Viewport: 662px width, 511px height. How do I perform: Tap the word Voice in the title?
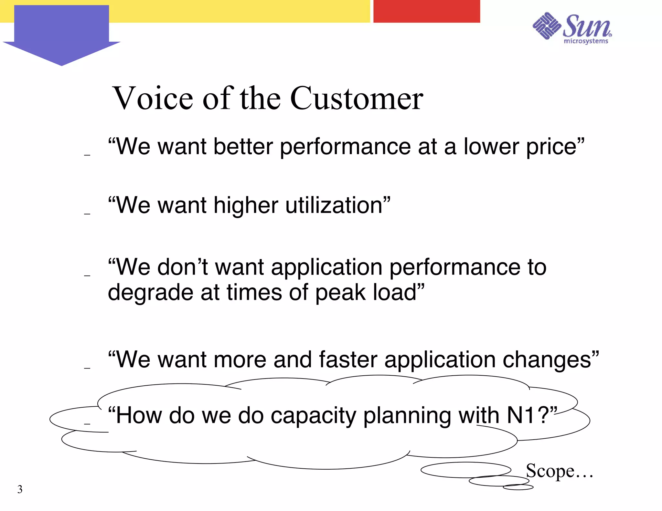click(x=154, y=99)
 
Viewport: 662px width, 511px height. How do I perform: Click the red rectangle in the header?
click(x=426, y=11)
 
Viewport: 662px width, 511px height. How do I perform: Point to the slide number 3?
click(x=20, y=489)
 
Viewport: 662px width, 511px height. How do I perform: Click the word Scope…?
click(x=559, y=471)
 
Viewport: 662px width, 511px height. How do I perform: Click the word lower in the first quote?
click(x=491, y=147)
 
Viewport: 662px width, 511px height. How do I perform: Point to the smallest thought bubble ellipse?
click(x=518, y=487)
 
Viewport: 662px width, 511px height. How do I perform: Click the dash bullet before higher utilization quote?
click(x=87, y=214)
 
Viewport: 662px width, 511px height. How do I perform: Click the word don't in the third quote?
click(x=182, y=267)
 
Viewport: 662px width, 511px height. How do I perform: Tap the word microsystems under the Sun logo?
click(x=586, y=41)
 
